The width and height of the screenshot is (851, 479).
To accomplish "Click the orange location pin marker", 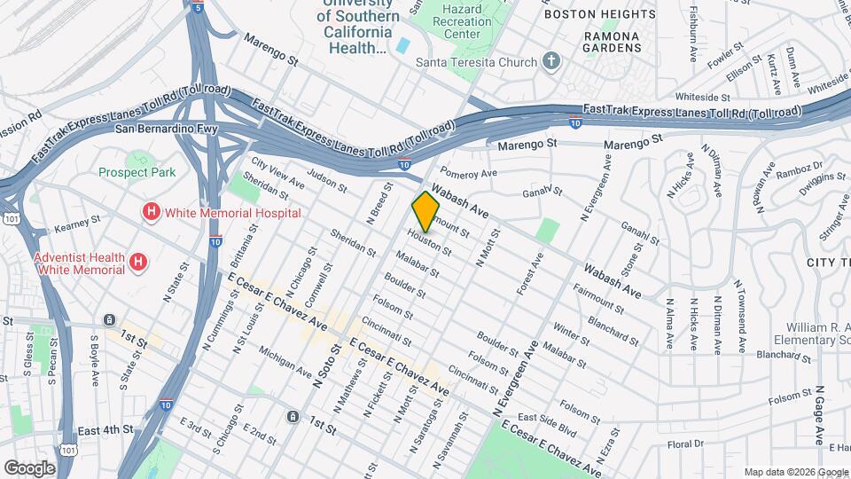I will click(425, 211).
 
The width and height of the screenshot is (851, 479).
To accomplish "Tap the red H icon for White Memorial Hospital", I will click(152, 213).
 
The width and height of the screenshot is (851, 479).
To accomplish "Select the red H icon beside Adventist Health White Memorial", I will click(138, 262).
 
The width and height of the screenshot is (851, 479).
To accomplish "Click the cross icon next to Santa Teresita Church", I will click(551, 62).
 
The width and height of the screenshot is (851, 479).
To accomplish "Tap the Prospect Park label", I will click(137, 172).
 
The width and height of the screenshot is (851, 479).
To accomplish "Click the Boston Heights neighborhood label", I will click(592, 14).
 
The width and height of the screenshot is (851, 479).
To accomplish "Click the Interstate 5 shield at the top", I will click(199, 7).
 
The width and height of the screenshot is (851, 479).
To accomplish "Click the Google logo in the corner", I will click(29, 467).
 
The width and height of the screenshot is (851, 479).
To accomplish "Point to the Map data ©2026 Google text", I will click(796, 472).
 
